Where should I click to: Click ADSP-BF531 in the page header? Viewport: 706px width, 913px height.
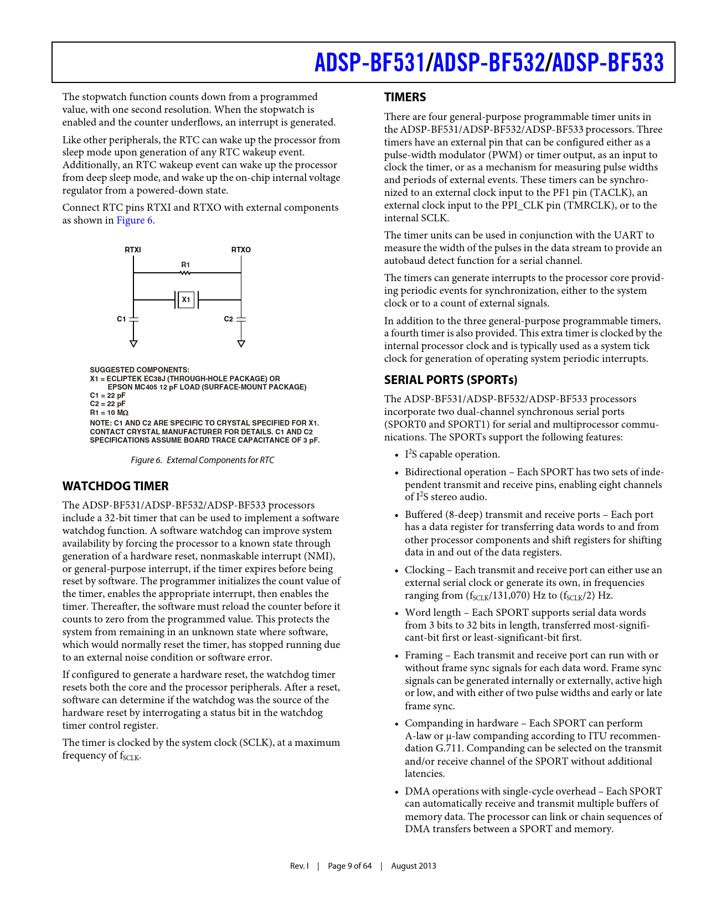point(369,63)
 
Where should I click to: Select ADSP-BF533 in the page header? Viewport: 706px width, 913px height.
point(608,63)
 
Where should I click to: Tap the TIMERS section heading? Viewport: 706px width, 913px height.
point(405,97)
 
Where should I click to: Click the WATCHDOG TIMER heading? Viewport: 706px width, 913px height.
point(115,486)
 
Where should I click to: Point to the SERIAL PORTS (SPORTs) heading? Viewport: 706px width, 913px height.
point(451,380)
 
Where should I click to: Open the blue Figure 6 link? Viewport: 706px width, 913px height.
point(134,220)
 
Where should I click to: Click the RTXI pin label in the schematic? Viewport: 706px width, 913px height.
point(133,250)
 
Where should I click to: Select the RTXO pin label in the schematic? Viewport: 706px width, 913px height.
point(241,250)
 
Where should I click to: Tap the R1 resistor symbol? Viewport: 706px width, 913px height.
point(185,272)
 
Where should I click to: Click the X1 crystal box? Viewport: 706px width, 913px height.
point(186,300)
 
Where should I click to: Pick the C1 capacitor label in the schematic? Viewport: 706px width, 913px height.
point(121,319)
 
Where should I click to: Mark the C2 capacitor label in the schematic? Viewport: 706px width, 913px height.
point(228,319)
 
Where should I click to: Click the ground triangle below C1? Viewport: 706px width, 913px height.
point(133,344)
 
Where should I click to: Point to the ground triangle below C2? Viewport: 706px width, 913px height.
point(241,344)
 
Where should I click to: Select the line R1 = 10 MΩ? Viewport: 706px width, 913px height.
point(109,413)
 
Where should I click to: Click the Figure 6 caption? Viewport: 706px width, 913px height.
point(202,460)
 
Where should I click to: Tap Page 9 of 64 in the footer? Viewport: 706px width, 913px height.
point(349,866)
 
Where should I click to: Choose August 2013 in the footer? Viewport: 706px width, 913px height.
point(414,866)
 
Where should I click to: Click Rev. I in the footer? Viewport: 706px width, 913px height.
point(299,866)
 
